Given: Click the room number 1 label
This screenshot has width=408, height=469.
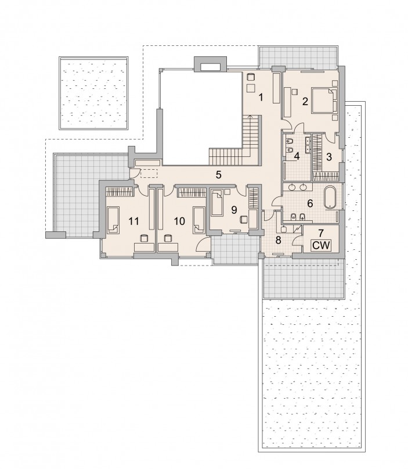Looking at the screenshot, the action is point(261,97).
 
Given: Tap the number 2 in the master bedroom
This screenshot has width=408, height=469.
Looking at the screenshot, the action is point(305,101).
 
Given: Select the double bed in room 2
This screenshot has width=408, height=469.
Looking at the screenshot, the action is point(324,100).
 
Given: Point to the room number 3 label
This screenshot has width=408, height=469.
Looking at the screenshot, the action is point(329,157).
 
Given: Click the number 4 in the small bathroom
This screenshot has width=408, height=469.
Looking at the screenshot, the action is point(297,156).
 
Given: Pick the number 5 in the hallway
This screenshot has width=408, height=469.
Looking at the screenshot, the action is point(219,175).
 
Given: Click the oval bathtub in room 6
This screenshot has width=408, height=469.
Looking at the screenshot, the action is point(330,197).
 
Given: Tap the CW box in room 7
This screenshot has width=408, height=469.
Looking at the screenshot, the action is point(322,246).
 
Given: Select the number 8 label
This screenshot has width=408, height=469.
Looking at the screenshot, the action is point(278,240).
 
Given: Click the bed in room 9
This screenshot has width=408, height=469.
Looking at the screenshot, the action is point(217,204).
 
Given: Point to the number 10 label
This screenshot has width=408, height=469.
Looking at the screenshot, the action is point(179,221).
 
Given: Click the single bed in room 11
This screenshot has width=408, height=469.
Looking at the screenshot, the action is point(113,220).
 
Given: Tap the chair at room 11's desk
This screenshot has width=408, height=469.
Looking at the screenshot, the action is point(145,238).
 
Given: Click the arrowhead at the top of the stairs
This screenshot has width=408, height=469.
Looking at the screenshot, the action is point(250,116).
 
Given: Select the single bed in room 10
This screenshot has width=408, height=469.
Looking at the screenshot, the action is point(198,220).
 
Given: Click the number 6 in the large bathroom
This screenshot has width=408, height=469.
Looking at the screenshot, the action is point(310,203).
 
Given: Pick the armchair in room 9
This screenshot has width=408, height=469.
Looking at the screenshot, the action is point(243,220).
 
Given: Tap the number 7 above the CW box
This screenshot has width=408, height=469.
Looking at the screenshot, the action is point(321,232).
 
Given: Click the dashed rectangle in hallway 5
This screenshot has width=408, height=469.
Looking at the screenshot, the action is point(149,173).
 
